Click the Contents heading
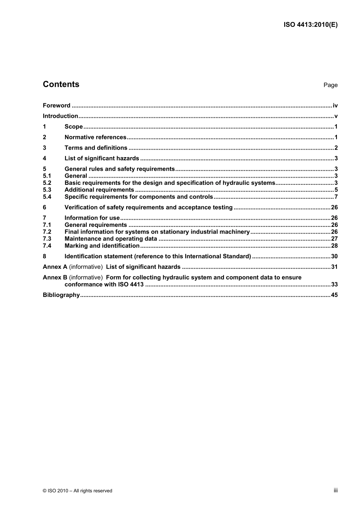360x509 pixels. click(x=61, y=84)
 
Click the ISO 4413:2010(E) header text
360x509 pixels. click(x=310, y=25)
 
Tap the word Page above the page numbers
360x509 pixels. click(x=330, y=85)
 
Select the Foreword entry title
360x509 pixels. click(x=56, y=106)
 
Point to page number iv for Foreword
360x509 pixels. click(x=335, y=106)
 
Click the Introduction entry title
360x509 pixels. click(x=60, y=116)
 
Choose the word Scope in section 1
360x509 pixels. click(x=74, y=127)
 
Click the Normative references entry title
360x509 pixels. click(x=95, y=137)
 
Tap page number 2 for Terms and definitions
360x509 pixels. click(x=336, y=148)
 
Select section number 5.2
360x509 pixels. click(x=47, y=183)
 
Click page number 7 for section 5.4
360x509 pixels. click(x=336, y=197)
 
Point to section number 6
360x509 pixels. click(x=45, y=208)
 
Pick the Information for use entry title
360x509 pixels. click(x=92, y=218)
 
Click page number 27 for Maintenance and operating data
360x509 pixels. click(x=334, y=239)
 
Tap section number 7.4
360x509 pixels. click(x=47, y=246)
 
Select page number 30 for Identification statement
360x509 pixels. click(x=334, y=256)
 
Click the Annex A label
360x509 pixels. click(x=55, y=267)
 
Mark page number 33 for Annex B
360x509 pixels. click(x=334, y=284)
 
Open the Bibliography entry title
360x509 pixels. click(x=61, y=295)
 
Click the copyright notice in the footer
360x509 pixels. click(x=78, y=491)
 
